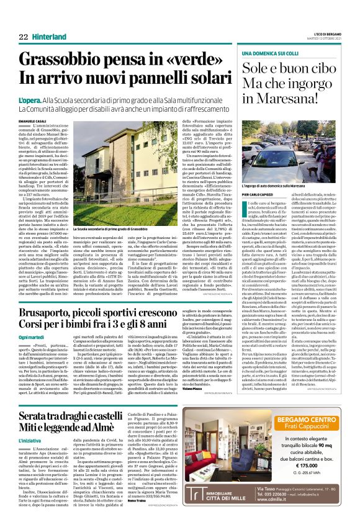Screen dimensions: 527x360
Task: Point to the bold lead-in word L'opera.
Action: click(x=31, y=99)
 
